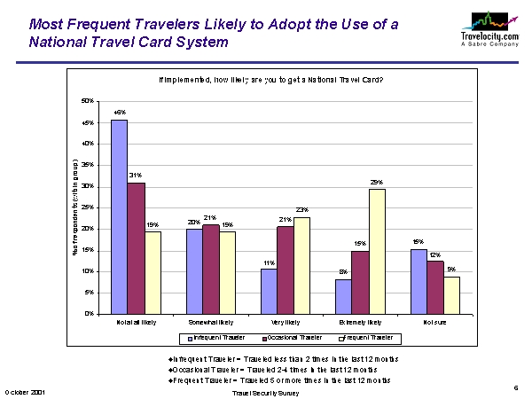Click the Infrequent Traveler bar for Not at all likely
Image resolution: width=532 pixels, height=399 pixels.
119,216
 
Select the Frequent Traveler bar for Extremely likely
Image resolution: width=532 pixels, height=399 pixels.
377,251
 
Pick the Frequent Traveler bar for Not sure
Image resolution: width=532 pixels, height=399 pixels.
452,294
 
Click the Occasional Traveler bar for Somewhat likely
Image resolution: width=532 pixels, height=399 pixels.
210,269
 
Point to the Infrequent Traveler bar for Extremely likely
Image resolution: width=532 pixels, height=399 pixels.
343,296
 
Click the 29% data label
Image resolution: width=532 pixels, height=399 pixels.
377,182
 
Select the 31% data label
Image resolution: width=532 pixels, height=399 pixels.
136,176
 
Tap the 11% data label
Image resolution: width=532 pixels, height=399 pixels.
269,262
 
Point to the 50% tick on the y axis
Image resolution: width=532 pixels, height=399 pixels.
88,101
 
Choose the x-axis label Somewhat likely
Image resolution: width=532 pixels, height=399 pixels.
210,322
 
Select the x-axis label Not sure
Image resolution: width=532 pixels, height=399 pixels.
435,322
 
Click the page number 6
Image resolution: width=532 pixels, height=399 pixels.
516,387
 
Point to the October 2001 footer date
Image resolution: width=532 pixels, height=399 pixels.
26,391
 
